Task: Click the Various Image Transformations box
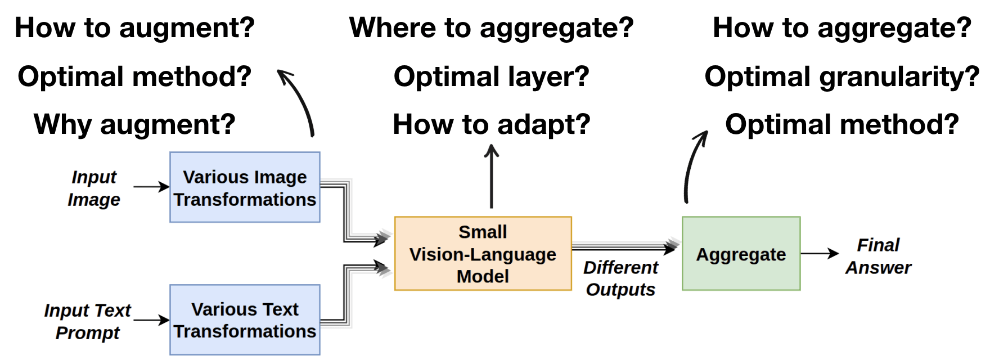[x=245, y=187]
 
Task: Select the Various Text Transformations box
[x=245, y=319]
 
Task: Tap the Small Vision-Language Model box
[x=483, y=254]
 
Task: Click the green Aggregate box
[x=741, y=254]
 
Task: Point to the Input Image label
[x=94, y=188]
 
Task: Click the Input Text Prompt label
[x=88, y=321]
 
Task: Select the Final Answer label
[x=878, y=256]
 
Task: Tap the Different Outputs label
[x=620, y=278]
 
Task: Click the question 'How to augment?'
[x=134, y=28]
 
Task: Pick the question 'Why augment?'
[x=134, y=124]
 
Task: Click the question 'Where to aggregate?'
[x=491, y=28]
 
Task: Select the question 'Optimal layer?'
[x=491, y=76]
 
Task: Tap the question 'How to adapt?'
[x=491, y=124]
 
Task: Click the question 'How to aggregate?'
[x=842, y=28]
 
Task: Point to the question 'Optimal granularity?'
[x=842, y=76]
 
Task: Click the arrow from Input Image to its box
[x=151, y=187]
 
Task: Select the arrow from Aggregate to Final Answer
[x=820, y=254]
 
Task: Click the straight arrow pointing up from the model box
[x=492, y=176]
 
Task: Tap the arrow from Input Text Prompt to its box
[x=151, y=320]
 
